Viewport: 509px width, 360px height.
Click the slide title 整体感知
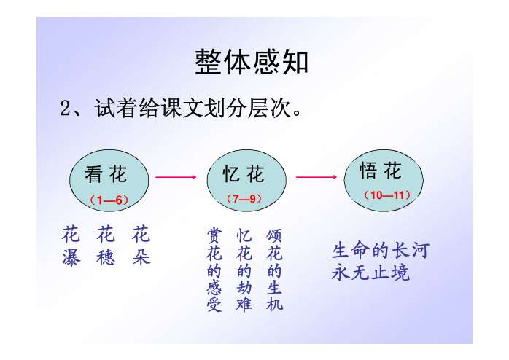tap(252, 62)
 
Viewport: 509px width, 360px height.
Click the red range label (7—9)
tap(244, 198)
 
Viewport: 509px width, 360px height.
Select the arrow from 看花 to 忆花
tap(176, 176)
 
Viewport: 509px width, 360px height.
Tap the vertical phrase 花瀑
tap(71, 247)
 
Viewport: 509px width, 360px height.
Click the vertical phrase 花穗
tap(106, 247)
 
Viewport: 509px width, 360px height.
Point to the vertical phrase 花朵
tap(141, 247)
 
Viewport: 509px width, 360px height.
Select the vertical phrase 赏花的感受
tap(214, 270)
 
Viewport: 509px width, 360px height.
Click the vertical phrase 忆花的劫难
tap(244, 270)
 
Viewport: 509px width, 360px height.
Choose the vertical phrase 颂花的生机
tap(274, 270)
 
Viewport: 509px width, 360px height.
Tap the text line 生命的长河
tap(380, 251)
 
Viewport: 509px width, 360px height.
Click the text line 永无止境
tap(370, 274)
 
